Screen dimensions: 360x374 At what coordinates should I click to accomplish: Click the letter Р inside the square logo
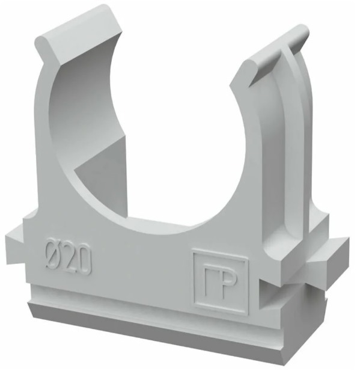point(228,286)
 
